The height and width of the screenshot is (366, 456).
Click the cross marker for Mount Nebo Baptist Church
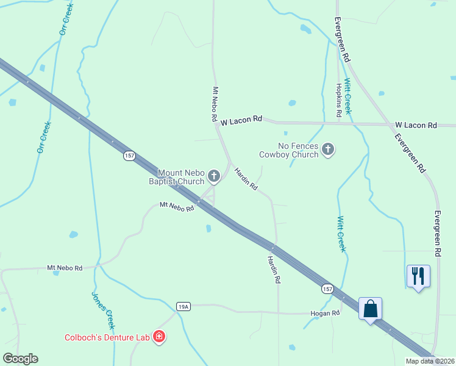[213, 176]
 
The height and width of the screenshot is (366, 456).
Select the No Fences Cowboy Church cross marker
[328, 149]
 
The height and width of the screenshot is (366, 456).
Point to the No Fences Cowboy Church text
[289, 150]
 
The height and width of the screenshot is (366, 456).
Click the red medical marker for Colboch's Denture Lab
[159, 337]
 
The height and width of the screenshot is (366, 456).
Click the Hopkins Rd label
[338, 100]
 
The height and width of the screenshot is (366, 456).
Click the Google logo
[20, 359]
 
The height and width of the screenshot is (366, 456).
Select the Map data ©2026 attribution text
[430, 361]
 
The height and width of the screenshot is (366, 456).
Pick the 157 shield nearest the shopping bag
[327, 288]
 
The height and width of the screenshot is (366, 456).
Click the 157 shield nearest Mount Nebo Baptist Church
[129, 156]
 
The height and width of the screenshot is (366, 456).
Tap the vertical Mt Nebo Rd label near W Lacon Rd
[215, 105]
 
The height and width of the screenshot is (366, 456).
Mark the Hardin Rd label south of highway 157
[273, 269]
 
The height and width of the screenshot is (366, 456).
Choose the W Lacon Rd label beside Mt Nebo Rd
[241, 121]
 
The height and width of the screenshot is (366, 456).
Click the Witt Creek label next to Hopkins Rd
[348, 97]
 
